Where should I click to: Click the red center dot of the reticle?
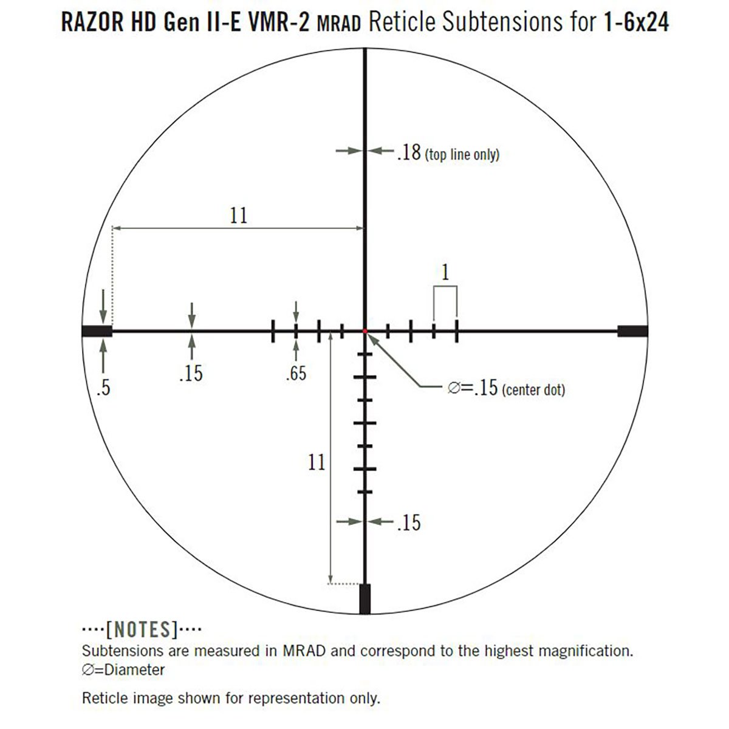[x=365, y=330]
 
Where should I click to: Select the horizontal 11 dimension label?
[x=239, y=215]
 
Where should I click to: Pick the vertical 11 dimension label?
[x=317, y=462]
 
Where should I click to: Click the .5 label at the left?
[x=103, y=388]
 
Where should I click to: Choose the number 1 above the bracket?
[x=445, y=273]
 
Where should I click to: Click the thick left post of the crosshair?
[x=97, y=330]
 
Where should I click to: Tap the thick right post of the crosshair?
[x=632, y=330]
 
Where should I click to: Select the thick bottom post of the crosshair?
[x=365, y=599]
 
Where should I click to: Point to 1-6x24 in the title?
[x=637, y=23]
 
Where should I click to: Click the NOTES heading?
[x=142, y=629]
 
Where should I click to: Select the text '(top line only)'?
[x=462, y=155]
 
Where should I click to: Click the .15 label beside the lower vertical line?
[x=408, y=522]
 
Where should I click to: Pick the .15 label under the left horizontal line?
[x=191, y=373]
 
